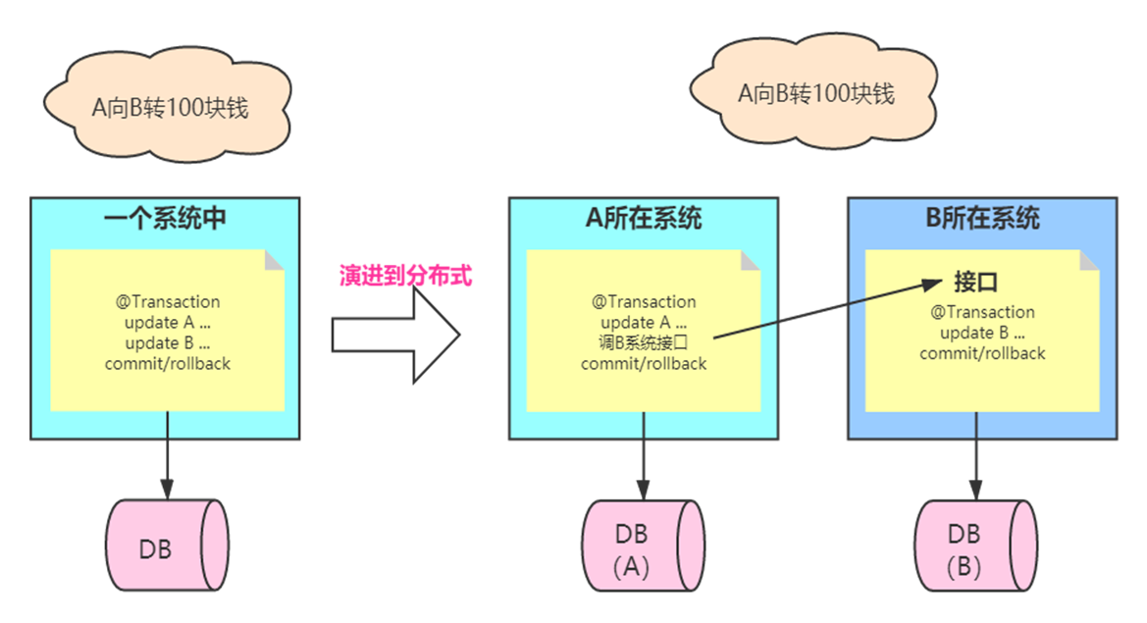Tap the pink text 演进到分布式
pos(406,277)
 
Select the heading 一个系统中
pos(165,218)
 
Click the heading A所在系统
pos(644,218)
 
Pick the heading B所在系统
pos(982,218)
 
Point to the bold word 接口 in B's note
pos(975,284)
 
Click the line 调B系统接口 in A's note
pos(643,342)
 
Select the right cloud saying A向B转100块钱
pos(815,94)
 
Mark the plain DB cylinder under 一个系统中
pos(167,547)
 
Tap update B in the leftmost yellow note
pos(168,342)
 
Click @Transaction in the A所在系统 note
pos(644,301)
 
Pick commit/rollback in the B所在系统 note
pos(982,353)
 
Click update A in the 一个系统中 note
pos(168,322)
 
